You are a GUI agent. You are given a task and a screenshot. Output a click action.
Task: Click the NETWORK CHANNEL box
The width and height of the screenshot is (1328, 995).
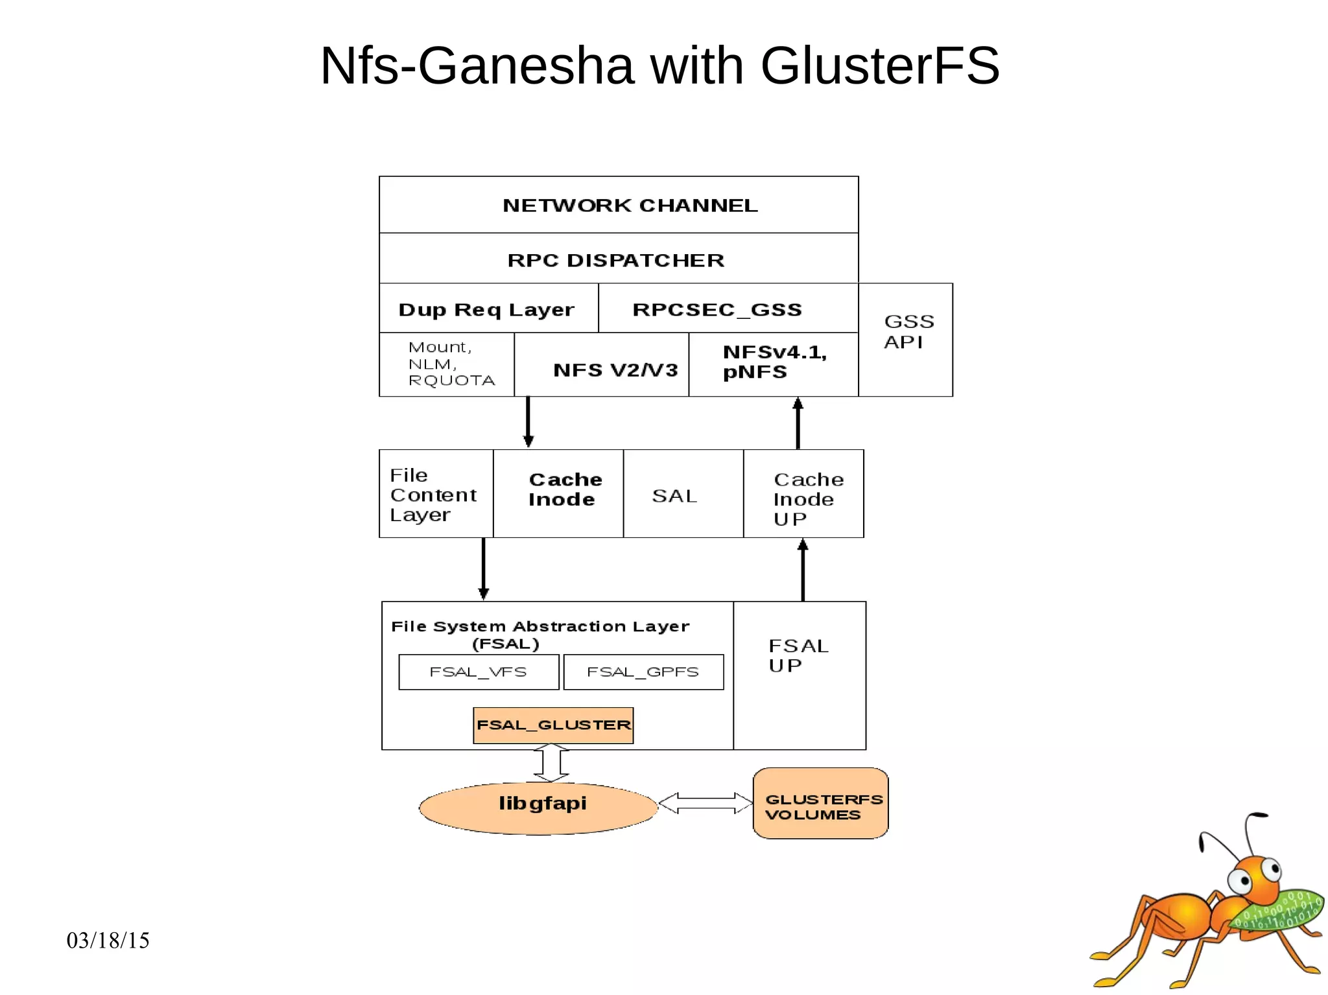(619, 205)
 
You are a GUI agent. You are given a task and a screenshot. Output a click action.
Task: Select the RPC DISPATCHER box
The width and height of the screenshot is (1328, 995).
(619, 259)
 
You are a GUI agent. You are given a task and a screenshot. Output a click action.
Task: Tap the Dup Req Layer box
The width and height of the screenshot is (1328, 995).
(488, 309)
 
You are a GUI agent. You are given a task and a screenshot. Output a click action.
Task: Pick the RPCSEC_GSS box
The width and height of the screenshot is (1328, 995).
(728, 309)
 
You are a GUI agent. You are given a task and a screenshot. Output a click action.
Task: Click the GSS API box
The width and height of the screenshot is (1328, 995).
(905, 339)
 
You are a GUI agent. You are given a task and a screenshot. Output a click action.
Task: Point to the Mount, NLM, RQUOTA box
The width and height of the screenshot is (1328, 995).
(447, 364)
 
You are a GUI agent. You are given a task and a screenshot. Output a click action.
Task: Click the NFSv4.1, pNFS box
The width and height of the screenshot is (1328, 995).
(773, 364)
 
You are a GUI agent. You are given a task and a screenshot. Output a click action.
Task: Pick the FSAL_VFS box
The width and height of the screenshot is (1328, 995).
(479, 672)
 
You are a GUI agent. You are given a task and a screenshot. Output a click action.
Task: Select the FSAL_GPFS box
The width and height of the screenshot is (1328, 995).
(643, 672)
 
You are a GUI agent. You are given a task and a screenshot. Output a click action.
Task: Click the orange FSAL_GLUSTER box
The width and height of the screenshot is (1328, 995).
(553, 725)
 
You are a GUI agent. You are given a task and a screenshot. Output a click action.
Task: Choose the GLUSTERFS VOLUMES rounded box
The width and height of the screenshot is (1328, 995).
(820, 803)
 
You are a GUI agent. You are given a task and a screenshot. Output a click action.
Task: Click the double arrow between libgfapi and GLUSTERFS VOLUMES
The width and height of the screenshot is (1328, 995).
(705, 803)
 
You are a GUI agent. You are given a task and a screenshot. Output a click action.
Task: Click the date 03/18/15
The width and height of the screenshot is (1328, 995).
(108, 941)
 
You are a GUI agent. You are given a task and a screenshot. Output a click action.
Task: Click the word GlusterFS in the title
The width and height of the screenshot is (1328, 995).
(880, 65)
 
